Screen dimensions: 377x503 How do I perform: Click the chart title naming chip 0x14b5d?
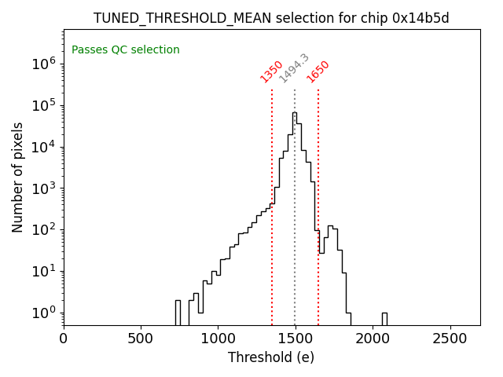click(271, 18)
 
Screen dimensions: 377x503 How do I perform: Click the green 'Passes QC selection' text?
click(126, 50)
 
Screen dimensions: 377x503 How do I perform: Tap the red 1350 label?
click(272, 71)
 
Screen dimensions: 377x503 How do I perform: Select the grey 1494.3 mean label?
click(295, 68)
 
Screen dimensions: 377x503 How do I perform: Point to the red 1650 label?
click(318, 71)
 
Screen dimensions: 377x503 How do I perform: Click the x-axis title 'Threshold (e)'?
click(271, 357)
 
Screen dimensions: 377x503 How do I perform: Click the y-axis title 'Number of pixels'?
click(18, 178)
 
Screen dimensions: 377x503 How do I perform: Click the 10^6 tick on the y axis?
click(42, 64)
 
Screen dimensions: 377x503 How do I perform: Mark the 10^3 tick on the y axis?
click(42, 188)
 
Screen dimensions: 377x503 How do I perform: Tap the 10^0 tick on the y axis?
click(42, 313)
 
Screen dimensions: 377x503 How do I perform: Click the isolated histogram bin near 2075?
click(384, 319)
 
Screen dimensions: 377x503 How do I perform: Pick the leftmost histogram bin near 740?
click(178, 313)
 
